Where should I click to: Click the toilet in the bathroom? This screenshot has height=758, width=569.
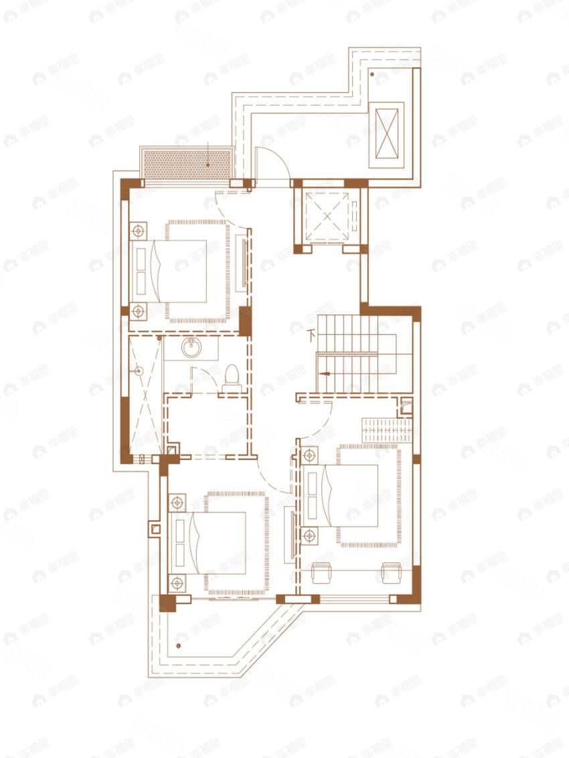pyautogui.click(x=231, y=375)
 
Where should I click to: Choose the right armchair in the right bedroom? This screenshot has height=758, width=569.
pyautogui.click(x=390, y=573)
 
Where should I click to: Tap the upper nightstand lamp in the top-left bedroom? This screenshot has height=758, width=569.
pyautogui.click(x=139, y=231)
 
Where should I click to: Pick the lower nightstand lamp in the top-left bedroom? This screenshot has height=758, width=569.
pyautogui.click(x=139, y=310)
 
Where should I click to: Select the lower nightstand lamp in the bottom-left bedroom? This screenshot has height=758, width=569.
pyautogui.click(x=177, y=582)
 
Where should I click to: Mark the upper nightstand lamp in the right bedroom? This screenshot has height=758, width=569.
pyautogui.click(x=309, y=456)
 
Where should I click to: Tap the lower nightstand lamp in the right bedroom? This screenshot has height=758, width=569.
pyautogui.click(x=309, y=535)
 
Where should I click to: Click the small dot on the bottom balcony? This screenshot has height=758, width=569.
pyautogui.click(x=178, y=646)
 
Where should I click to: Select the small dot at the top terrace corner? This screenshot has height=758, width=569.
pyautogui.click(x=372, y=76)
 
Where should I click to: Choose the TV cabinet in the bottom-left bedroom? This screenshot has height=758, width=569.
pyautogui.click(x=289, y=534)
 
